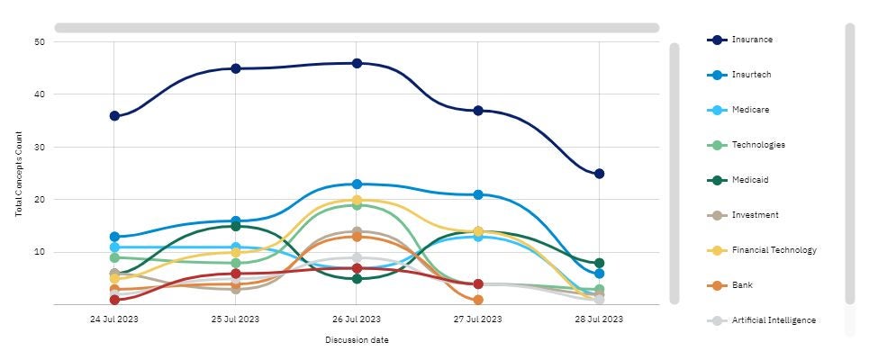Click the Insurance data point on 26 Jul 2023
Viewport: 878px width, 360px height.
point(358,63)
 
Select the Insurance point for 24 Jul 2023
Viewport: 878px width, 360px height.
point(114,116)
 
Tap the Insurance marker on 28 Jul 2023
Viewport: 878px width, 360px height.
point(599,174)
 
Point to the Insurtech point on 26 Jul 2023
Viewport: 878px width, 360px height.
point(358,184)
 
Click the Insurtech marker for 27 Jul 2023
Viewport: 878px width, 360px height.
point(478,194)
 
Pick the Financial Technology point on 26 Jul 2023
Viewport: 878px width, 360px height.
point(358,201)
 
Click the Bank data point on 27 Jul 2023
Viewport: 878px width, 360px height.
point(478,300)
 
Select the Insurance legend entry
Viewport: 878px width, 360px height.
point(751,40)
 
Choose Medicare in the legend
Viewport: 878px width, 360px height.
point(750,110)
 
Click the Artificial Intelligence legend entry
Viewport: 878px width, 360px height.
point(774,320)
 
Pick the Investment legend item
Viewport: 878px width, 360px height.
point(755,215)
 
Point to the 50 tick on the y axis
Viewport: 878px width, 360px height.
point(40,41)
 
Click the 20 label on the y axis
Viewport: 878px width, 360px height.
point(40,200)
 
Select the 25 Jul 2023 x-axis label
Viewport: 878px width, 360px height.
point(236,319)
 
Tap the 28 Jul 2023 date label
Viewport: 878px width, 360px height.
point(599,319)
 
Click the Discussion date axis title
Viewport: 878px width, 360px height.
point(357,340)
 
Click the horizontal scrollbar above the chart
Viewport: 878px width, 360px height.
point(357,28)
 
